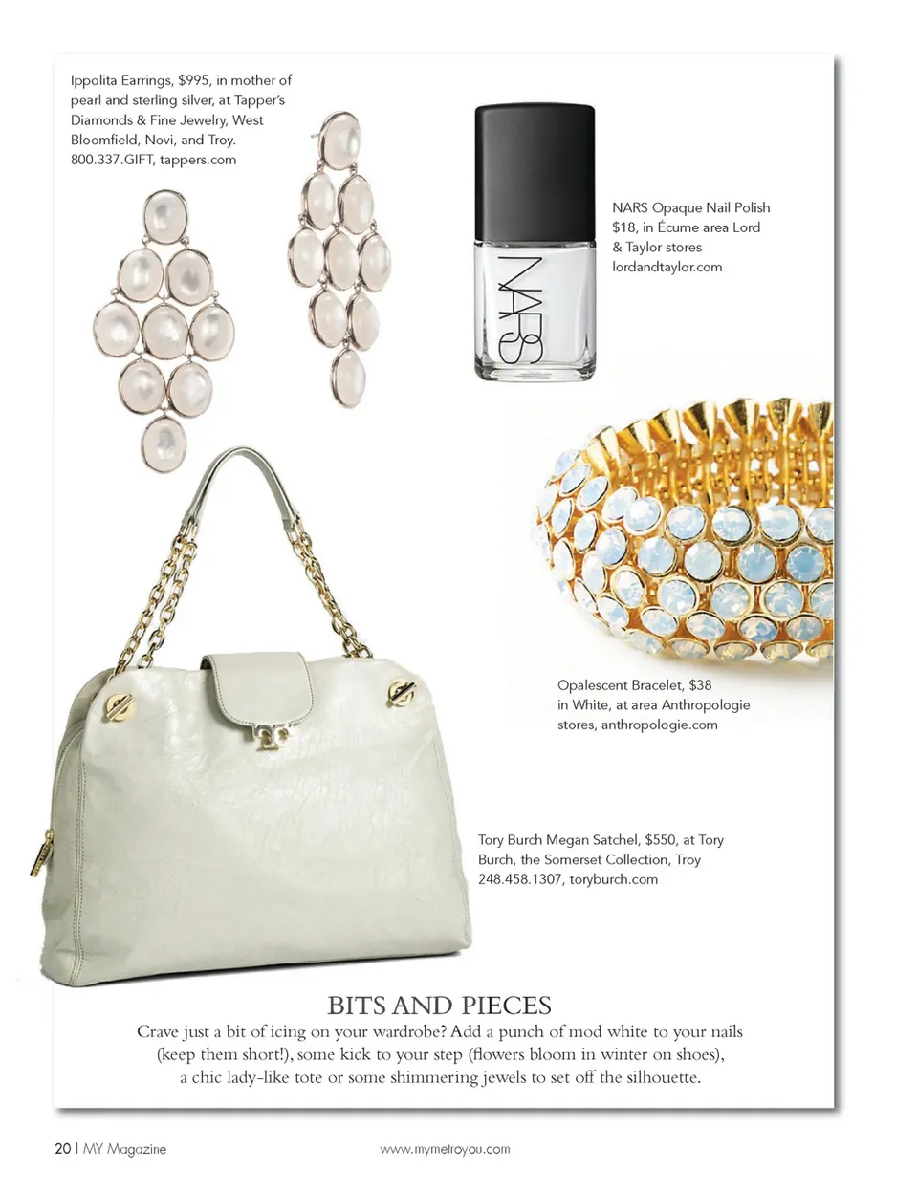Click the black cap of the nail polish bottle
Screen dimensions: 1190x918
pyautogui.click(x=535, y=168)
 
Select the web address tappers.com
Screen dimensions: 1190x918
pyautogui.click(x=198, y=160)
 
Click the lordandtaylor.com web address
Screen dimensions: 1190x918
pyautogui.click(x=667, y=267)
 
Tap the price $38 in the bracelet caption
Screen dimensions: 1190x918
pyautogui.click(x=700, y=685)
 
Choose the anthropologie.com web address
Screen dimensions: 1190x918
pyautogui.click(x=659, y=725)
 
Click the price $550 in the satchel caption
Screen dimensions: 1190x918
pyautogui.click(x=660, y=840)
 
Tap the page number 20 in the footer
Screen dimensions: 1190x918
pyautogui.click(x=62, y=1148)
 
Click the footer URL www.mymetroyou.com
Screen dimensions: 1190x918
pyautogui.click(x=445, y=1149)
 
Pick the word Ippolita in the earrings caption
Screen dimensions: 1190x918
pyautogui.click(x=93, y=80)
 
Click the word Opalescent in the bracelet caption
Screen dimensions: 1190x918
pyautogui.click(x=592, y=685)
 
